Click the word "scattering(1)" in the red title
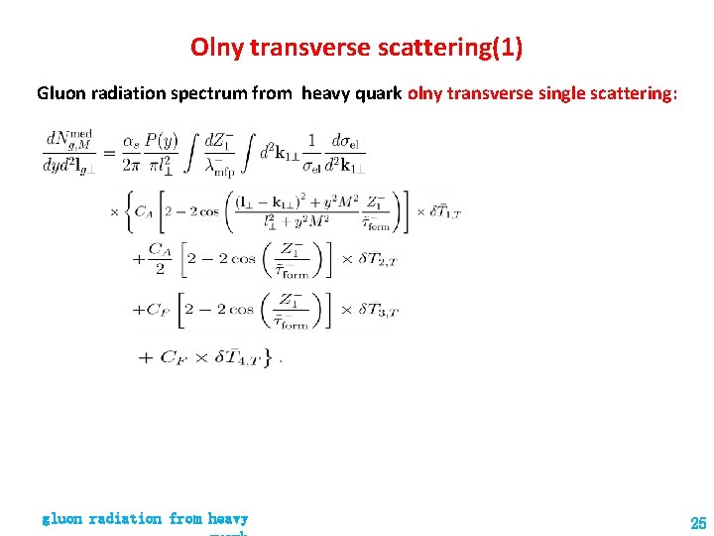pyautogui.click(x=455, y=47)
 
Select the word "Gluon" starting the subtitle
pyautogui.click(x=59, y=94)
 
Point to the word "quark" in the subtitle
pyautogui.click(x=378, y=94)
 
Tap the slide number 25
pyautogui.click(x=698, y=522)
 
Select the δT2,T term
pyautogui.click(x=378, y=260)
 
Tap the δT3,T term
pyautogui.click(x=378, y=311)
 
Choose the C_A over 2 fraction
pyautogui.click(x=161, y=259)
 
